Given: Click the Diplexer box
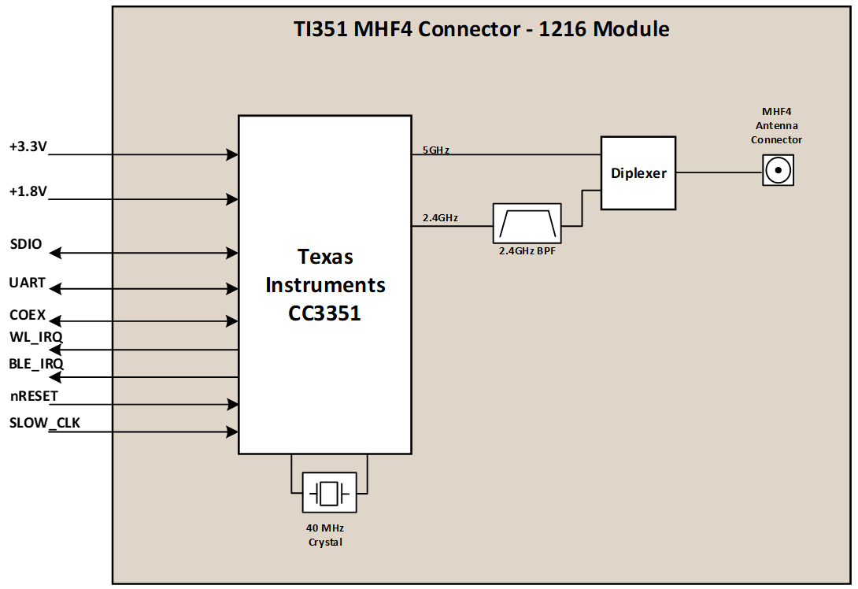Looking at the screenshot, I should [638, 173].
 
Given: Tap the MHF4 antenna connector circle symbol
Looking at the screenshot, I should [778, 170].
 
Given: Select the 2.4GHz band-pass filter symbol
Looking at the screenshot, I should [527, 224].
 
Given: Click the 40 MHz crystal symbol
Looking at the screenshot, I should [329, 493].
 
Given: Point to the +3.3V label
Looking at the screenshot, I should [28, 146].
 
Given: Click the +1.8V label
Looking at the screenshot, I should [28, 191].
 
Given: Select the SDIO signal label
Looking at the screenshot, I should [26, 243].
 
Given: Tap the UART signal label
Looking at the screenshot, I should [28, 282].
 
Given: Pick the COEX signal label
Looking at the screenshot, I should [28, 315].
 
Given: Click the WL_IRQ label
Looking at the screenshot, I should [35, 337].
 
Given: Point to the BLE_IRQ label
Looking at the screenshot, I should [36, 364].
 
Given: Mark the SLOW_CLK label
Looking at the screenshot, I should [44, 423].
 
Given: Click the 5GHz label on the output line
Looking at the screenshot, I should [435, 149].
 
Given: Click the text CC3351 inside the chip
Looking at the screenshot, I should [325, 313].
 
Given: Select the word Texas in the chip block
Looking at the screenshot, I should [325, 257].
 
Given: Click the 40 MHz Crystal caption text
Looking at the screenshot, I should [325, 535].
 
